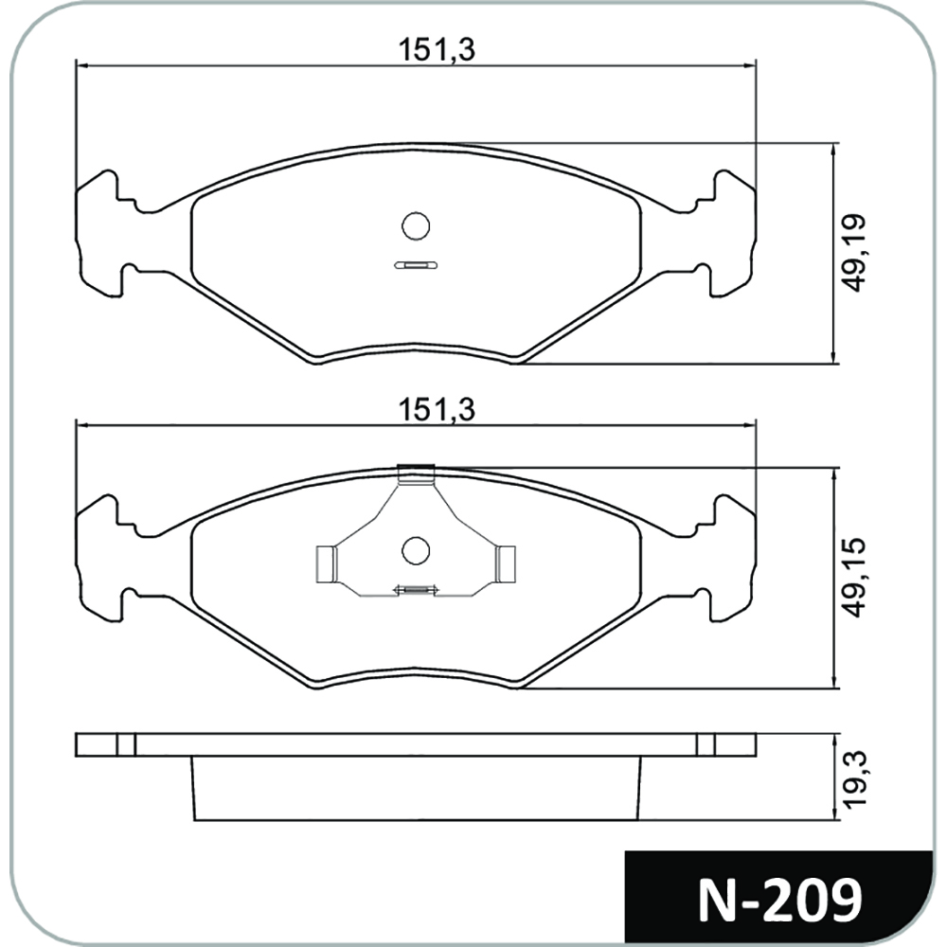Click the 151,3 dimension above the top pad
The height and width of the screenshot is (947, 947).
pos(437,50)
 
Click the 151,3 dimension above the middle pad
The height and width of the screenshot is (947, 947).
pos(437,410)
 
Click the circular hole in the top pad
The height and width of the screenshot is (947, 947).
pos(416,226)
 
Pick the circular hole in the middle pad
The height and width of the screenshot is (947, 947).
pos(416,551)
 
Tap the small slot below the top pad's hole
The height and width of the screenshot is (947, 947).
pos(416,265)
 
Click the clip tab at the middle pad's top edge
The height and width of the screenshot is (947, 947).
pos(416,474)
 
